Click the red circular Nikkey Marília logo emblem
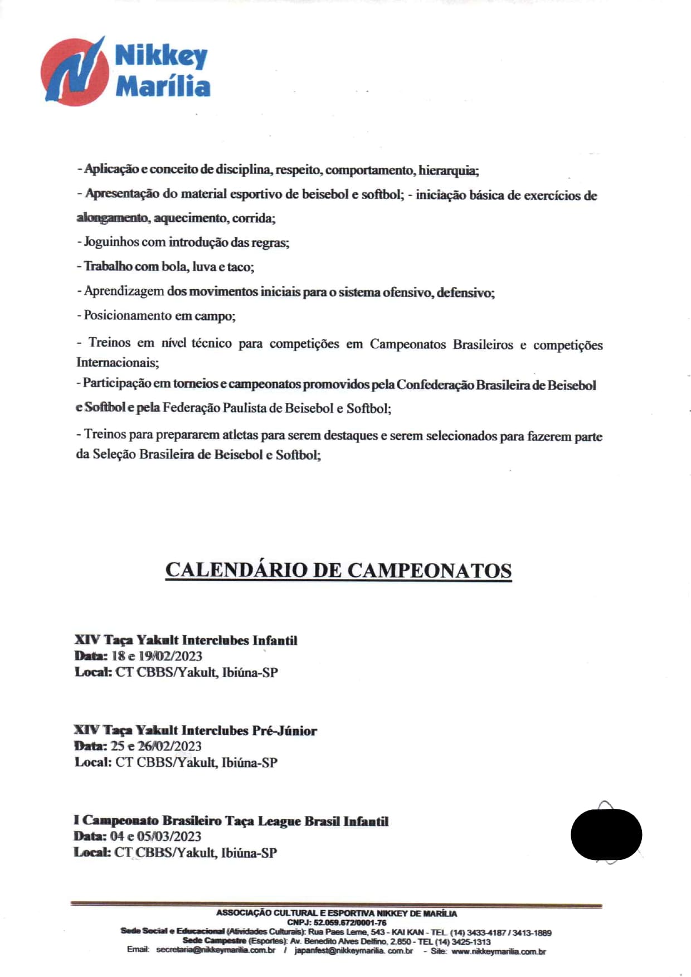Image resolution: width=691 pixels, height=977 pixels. coord(74,72)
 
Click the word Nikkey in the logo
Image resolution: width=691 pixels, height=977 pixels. coord(161,56)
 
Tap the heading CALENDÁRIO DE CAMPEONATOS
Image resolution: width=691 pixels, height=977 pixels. coord(338,570)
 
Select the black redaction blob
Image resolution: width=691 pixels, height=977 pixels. coord(606,834)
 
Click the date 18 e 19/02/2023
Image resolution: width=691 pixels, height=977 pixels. coord(157,656)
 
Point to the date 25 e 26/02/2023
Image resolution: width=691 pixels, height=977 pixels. coord(156,746)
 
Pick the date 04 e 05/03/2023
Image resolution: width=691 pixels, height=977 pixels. coord(155,836)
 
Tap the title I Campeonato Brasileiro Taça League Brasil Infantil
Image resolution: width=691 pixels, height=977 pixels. coord(231,820)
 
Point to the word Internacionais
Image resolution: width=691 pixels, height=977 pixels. coord(117,362)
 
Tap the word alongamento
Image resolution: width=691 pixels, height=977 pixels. coord(112,218)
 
